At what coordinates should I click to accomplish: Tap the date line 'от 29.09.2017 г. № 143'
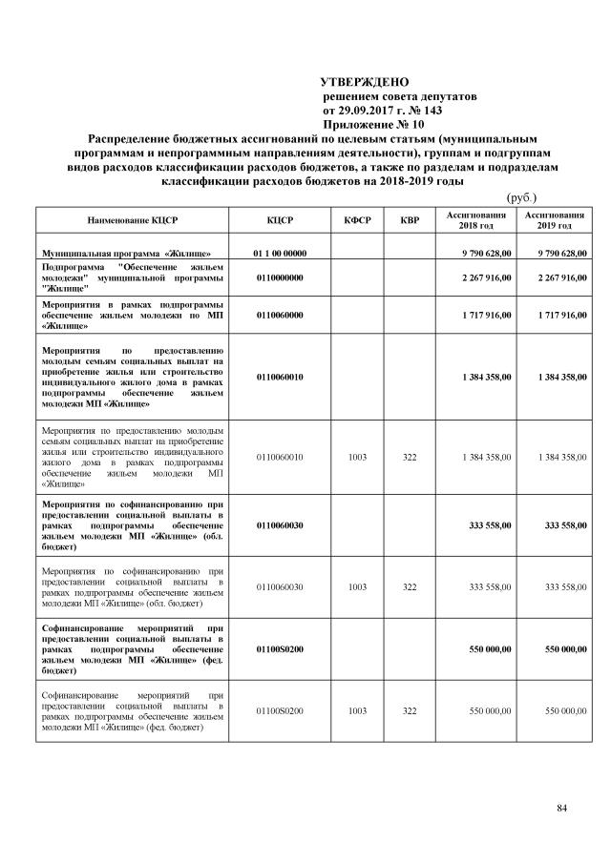coord(385,110)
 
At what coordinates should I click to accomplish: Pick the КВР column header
coord(410,221)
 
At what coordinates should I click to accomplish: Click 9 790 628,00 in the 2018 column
coord(485,253)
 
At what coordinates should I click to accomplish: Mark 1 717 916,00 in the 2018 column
coord(485,313)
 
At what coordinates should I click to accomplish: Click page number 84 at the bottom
coord(562,810)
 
